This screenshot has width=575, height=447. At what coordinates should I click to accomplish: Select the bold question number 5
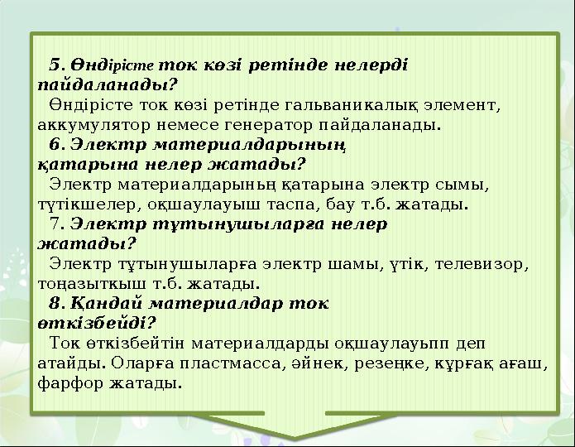[56, 64]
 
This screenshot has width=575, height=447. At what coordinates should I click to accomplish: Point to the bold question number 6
[55, 142]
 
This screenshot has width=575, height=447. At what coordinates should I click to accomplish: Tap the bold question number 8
[55, 303]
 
